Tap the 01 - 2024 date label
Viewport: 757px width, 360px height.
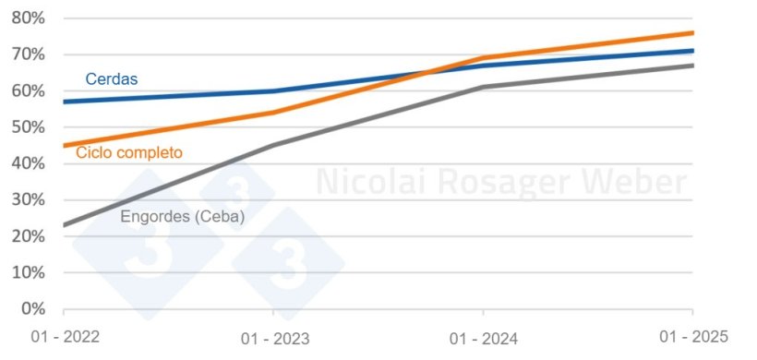click(481, 340)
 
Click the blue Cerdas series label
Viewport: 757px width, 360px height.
click(111, 79)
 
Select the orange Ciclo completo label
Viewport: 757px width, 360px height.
click(129, 152)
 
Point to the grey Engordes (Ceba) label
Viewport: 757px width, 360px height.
click(183, 217)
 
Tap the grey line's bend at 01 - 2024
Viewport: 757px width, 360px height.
click(483, 87)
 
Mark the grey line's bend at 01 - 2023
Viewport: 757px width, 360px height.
click(273, 145)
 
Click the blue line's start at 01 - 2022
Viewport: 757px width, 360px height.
click(64, 102)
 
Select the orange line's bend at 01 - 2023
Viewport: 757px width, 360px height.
click(273, 113)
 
